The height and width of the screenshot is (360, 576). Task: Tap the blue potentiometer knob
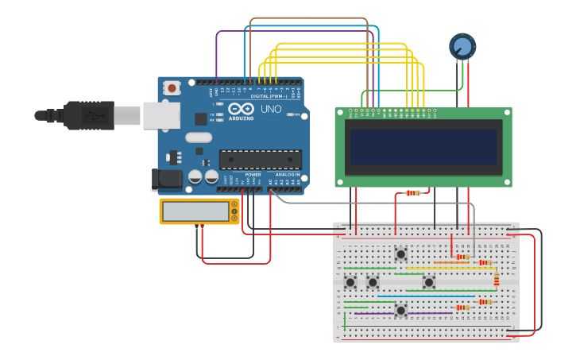(462, 46)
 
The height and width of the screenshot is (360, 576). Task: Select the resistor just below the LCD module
(412, 193)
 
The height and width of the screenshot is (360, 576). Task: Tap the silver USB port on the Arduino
(160, 115)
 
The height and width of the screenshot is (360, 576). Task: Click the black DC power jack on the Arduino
(166, 180)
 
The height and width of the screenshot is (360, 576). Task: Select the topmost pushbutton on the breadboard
(401, 254)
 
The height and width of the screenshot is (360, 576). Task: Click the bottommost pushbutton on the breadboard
(401, 310)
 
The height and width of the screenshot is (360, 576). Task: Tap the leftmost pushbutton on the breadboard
(350, 282)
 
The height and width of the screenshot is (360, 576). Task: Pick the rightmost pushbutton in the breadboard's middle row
(429, 282)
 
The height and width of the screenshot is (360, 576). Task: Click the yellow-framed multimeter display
(195, 211)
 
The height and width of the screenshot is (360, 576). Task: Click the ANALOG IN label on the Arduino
(288, 174)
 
